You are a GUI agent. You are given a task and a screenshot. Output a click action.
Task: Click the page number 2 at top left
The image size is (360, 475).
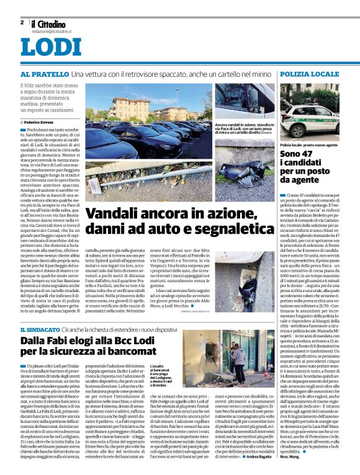[x=22, y=22]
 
